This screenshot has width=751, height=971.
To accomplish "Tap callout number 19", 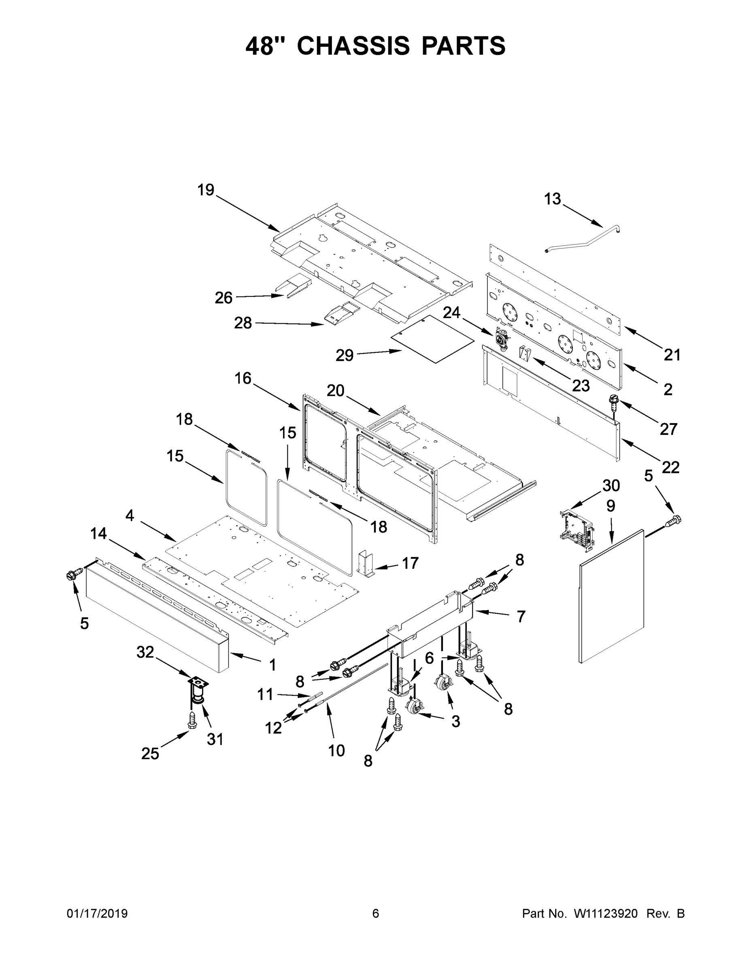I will coord(206,190).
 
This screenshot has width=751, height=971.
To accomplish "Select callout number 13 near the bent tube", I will coord(553,199).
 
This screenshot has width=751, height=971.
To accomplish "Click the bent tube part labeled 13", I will coord(583,242).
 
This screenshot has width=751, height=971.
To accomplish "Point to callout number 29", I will coord(345,355).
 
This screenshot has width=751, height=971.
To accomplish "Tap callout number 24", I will coord(451,313).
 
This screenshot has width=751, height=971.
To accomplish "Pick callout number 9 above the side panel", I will coord(611,506).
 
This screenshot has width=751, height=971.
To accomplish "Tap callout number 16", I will coord(243,378).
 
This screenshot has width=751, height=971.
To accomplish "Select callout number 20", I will coord(336,391).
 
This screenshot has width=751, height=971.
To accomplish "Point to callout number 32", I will coord(145,652).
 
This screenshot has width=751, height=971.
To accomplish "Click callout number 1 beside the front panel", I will coord(273,665).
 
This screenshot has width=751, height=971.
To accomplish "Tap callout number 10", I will coord(336,751).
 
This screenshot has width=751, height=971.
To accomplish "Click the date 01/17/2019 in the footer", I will coord(97,914).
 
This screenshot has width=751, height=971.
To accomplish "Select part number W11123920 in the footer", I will coord(606,914).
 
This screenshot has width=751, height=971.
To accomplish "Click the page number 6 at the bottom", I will coord(376,914).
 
